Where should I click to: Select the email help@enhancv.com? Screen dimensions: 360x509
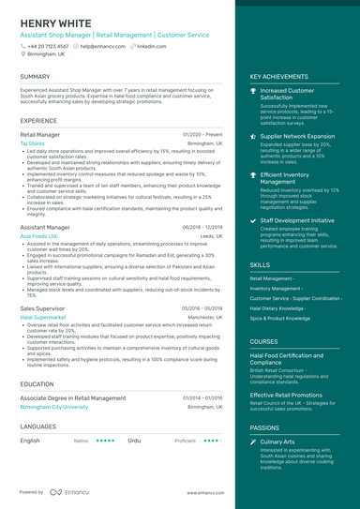tap(103, 45)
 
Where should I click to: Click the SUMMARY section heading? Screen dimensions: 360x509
tap(35, 77)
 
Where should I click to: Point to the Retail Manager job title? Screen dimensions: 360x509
tap(39, 134)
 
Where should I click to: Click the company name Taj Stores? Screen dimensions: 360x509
tap(33, 143)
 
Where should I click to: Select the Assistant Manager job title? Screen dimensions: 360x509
tap(44, 227)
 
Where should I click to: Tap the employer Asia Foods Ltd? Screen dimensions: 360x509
tap(38, 236)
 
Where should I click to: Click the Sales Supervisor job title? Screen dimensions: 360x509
tap(42, 307)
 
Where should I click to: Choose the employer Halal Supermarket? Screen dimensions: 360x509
tap(43, 317)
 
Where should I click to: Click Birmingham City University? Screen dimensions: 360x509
tap(53, 407)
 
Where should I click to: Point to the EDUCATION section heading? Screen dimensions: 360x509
tap(37, 383)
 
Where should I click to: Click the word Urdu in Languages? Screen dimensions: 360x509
tap(134, 440)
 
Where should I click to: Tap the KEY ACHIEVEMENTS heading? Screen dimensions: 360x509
tap(281, 77)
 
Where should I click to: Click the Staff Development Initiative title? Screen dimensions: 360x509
tap(297, 220)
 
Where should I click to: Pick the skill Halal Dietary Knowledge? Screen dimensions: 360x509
tap(277, 307)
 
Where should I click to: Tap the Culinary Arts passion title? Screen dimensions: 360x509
tap(277, 441)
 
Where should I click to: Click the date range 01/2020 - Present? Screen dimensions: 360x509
tap(202, 134)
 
